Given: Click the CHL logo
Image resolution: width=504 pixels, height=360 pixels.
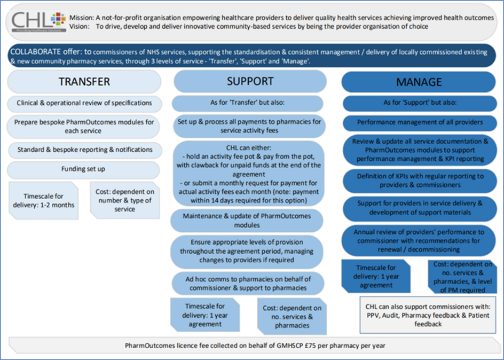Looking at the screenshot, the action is [x=38, y=21].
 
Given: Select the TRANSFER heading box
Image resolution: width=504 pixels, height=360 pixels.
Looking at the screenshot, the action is [x=84, y=82].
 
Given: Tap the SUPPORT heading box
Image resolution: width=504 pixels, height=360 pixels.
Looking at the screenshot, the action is [x=250, y=81].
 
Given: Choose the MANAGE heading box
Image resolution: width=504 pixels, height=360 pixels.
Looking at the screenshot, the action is [x=419, y=82].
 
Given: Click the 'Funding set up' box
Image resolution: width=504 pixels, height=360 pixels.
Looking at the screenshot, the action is [x=83, y=169].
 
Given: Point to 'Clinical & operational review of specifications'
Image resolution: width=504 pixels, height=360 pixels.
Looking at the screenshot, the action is [x=84, y=103].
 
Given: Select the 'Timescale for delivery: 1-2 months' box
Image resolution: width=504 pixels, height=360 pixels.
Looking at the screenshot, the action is [x=44, y=201].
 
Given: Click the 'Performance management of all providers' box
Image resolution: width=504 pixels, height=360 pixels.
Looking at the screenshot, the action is [x=420, y=122].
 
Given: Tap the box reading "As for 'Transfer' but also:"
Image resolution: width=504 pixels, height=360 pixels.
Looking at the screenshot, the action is [x=248, y=103].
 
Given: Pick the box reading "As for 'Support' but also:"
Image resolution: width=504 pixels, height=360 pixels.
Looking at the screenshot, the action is [x=420, y=103].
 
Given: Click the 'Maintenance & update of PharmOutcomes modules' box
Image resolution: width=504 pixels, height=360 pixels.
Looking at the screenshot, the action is [x=247, y=221].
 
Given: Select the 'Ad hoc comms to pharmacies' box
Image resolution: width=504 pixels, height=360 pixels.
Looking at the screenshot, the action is [x=248, y=284].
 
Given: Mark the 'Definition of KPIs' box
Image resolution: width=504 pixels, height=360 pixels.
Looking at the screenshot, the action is [x=420, y=181].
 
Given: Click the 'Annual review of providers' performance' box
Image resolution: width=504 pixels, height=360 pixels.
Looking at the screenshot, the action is [x=418, y=241].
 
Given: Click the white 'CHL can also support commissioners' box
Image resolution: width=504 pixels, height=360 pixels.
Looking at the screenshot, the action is [x=428, y=315].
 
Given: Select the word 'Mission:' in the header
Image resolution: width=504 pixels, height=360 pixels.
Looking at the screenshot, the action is [x=82, y=18].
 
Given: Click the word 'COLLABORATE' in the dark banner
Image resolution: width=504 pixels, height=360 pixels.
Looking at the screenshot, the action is [x=35, y=52].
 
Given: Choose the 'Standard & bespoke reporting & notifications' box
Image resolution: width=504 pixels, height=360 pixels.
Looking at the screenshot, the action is [x=85, y=150].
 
